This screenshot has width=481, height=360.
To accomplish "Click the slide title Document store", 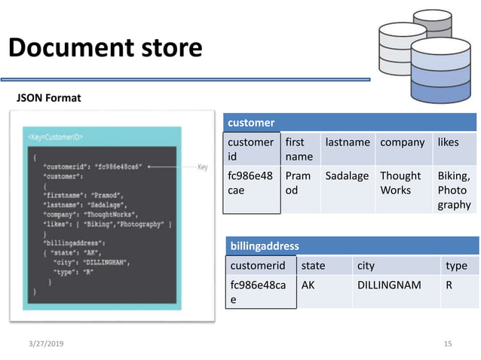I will tap(105, 48).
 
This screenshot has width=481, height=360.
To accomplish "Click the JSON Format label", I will tap(49, 98).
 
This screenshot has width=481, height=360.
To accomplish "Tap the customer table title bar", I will tap(350, 122).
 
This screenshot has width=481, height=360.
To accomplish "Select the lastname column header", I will tap(348, 142).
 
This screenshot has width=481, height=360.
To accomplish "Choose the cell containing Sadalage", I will tap(348, 176).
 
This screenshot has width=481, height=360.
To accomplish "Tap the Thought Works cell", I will tap(400, 183).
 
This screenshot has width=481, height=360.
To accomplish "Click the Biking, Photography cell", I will tap(454, 190).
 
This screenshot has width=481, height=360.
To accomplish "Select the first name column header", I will tap(298, 149).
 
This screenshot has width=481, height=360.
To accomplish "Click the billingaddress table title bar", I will tap(351, 246).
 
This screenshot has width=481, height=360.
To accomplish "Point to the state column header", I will tap(314, 266).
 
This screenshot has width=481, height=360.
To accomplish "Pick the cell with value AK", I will tap(308, 285).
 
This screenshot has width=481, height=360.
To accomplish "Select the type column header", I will tap(456, 266).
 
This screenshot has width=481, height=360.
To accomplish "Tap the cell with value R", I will tap(449, 285).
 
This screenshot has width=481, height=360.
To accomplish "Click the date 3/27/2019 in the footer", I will tap(46, 343).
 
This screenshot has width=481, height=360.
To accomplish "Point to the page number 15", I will tap(448, 343).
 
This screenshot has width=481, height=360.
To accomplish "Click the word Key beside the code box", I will tap(202, 167).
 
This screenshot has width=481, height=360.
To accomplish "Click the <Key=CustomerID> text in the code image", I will tap(56, 138).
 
